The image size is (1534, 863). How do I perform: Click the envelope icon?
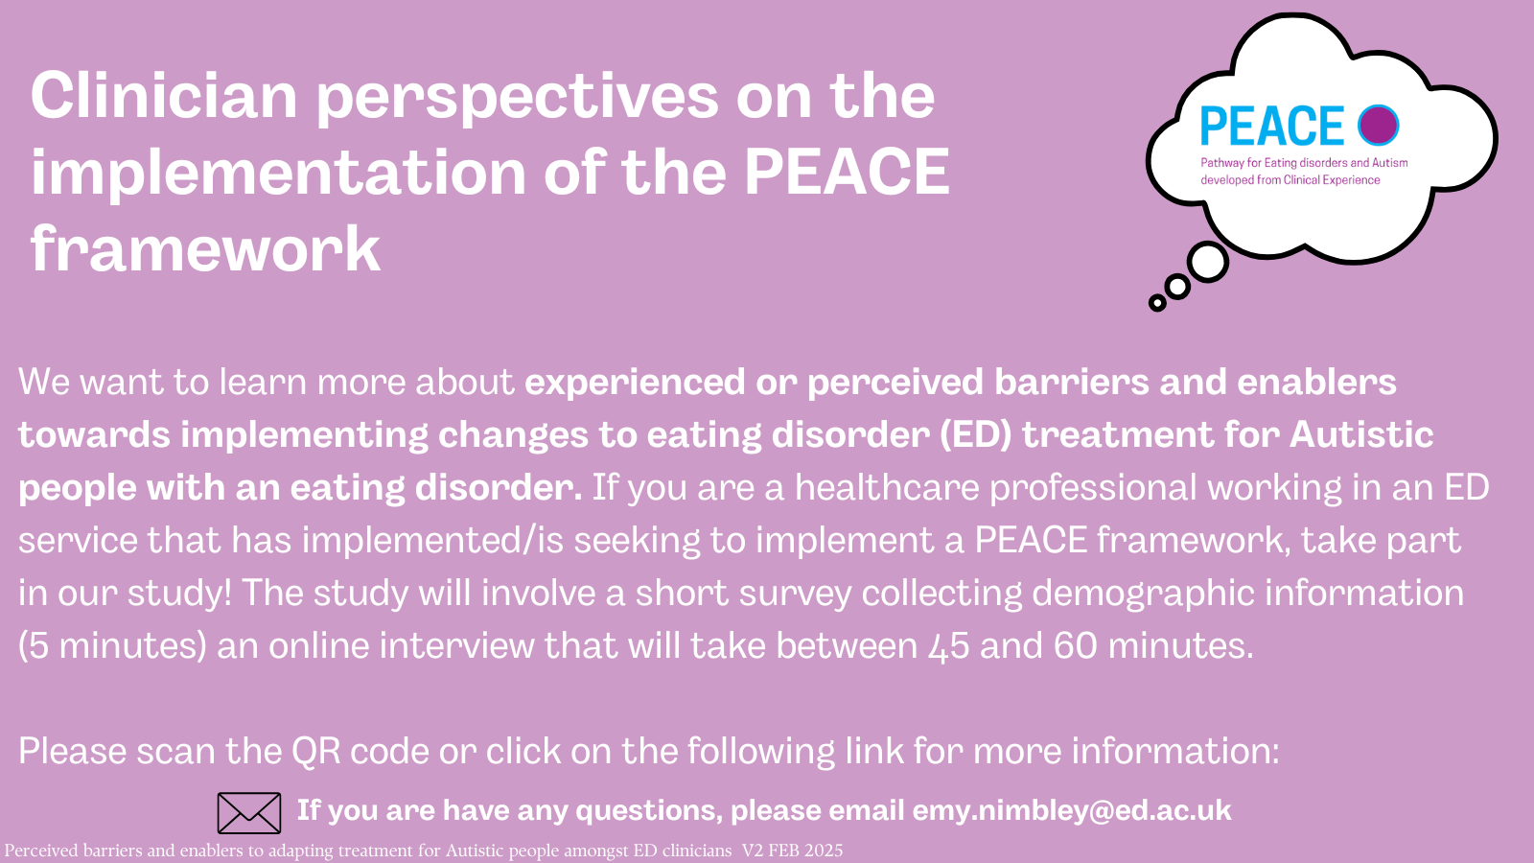249,813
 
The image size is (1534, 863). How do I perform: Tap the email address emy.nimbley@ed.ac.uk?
1072,810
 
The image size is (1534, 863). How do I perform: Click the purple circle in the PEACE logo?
1379,125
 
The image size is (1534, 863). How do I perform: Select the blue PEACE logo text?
1272,126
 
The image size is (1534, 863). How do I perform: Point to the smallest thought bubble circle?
1157,302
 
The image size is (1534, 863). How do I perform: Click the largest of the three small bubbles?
1207,262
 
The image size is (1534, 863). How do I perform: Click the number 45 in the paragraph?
949,646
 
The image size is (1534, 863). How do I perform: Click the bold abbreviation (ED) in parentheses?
975,435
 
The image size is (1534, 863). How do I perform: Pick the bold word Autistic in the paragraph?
1361,434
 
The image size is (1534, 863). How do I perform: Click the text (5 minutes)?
112,646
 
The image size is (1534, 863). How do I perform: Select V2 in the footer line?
753,851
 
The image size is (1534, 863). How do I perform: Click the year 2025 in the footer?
824,851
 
